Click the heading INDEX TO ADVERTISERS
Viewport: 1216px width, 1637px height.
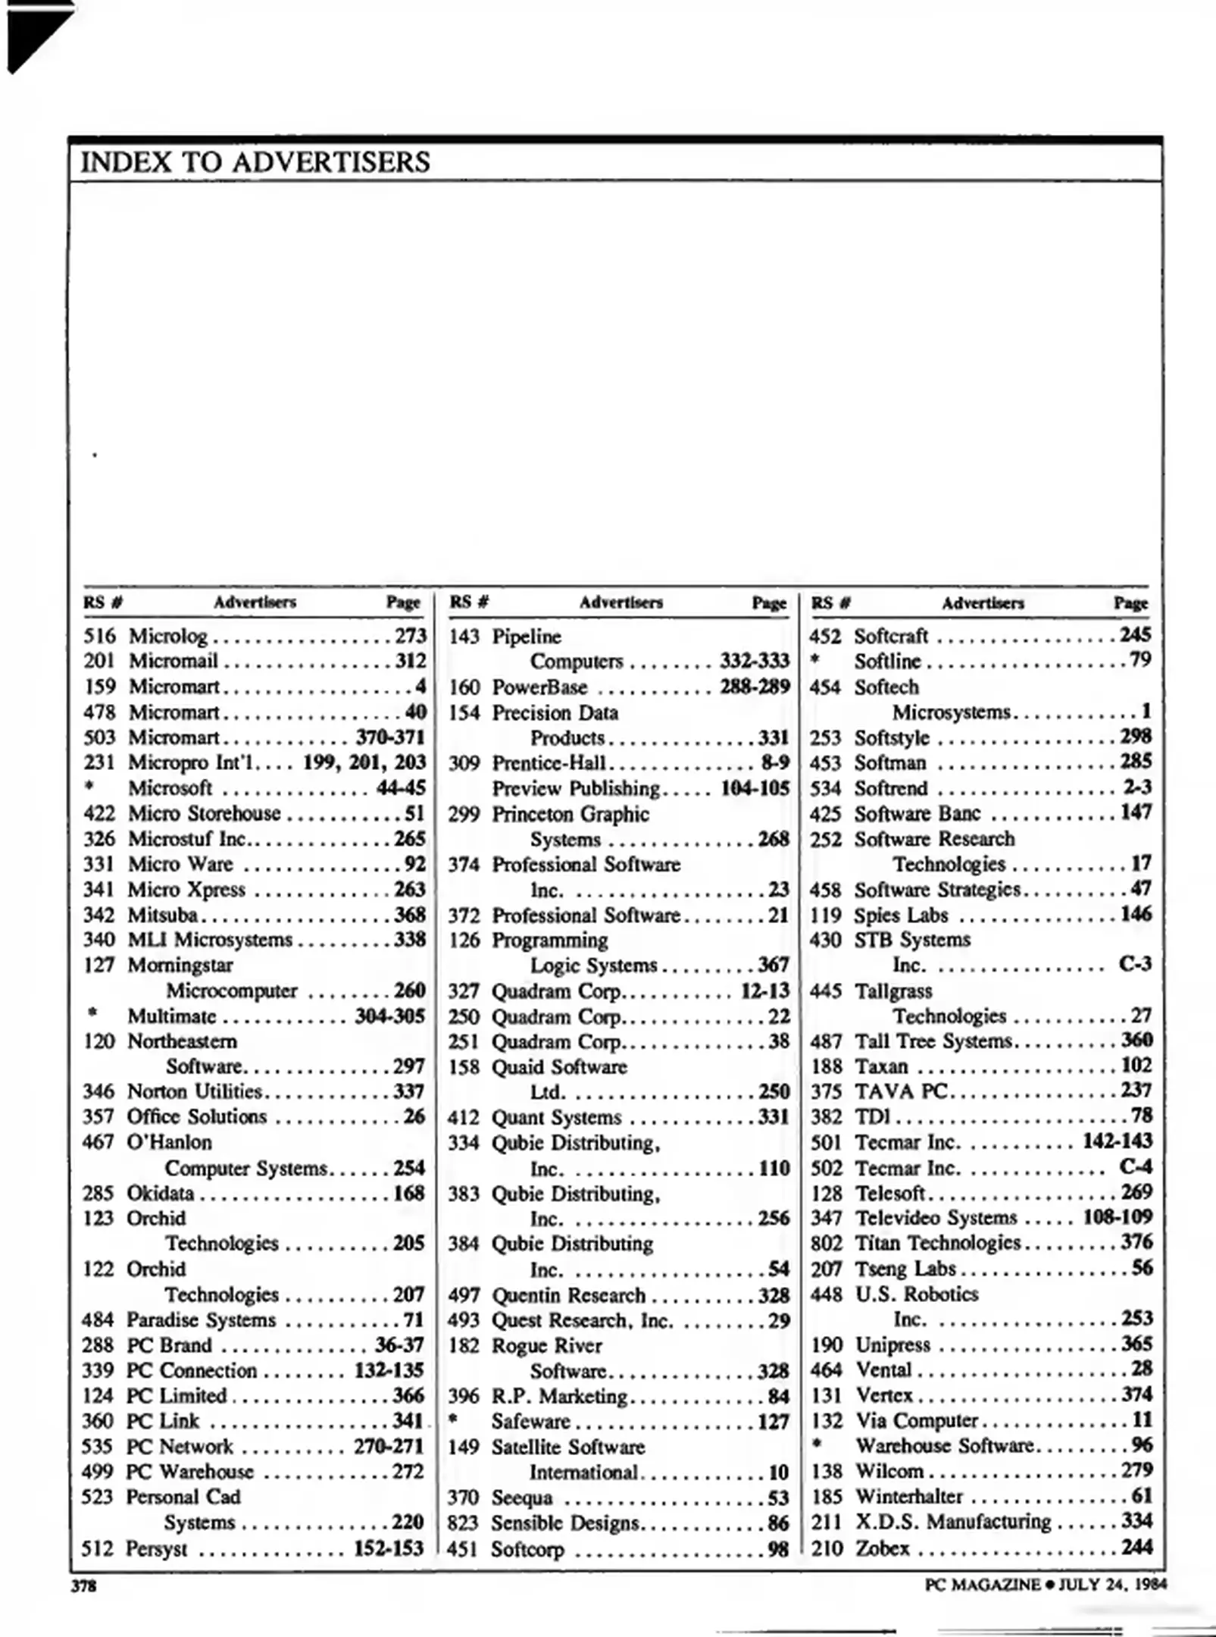255,162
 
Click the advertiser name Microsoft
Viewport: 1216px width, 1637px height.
170,788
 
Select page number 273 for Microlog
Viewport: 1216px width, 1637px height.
410,636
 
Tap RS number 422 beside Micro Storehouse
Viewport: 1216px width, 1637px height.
99,814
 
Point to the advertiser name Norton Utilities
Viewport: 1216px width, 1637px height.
194,1091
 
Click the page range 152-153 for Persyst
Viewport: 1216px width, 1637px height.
388,1548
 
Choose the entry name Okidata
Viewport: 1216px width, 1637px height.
160,1193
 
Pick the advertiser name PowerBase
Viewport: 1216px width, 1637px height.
539,687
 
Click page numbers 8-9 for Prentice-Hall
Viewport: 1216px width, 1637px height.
775,762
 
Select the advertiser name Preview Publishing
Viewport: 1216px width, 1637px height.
576,788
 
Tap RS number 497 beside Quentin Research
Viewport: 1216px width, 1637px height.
463,1295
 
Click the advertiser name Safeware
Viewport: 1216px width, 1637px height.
530,1422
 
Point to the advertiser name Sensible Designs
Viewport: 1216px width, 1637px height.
564,1523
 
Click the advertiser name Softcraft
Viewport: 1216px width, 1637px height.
891,636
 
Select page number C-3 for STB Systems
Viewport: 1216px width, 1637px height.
1134,964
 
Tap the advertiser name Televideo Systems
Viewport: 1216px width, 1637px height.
936,1218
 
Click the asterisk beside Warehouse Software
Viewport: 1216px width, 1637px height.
817,1445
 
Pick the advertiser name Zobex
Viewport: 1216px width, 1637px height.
882,1548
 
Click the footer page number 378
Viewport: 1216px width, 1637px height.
83,1585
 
